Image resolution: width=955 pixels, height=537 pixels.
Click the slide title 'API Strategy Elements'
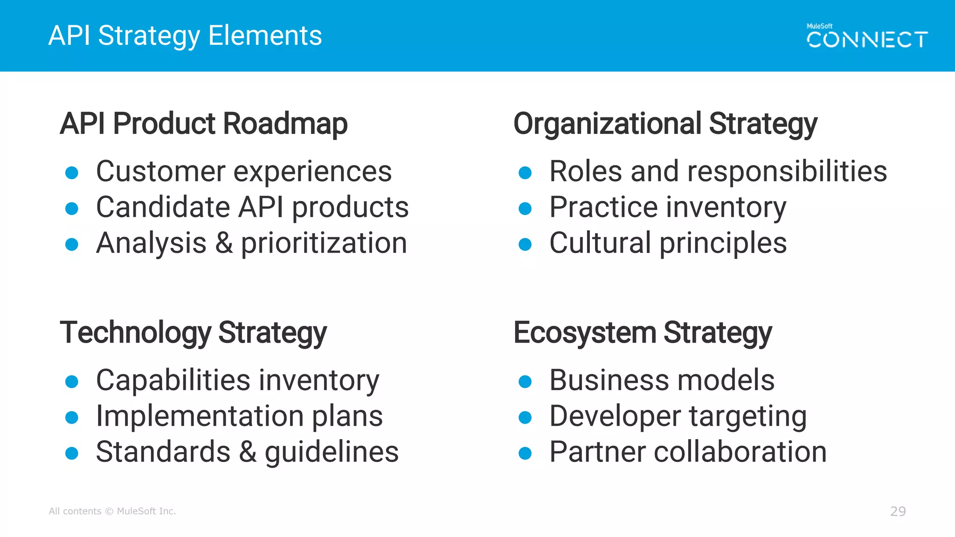[x=185, y=36]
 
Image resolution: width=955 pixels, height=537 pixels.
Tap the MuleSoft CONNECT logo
[x=867, y=36]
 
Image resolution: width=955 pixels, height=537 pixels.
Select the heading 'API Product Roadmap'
[x=204, y=124]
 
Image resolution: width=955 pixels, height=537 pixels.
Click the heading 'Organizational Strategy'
[x=665, y=124]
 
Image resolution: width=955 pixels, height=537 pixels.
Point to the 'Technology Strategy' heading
[x=193, y=332]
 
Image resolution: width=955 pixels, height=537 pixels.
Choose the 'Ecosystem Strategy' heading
[x=643, y=332]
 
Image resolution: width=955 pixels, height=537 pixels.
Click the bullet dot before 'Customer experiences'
[x=72, y=173]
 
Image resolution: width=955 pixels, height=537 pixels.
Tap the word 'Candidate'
[x=163, y=207]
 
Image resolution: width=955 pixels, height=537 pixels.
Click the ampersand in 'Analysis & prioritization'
[x=224, y=243]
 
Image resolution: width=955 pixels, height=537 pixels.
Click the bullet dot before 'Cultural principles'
[x=525, y=244]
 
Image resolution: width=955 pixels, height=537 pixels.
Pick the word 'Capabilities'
[x=173, y=380]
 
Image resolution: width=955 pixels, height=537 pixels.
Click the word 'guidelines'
[x=332, y=452]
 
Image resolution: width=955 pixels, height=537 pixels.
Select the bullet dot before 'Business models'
[x=525, y=382]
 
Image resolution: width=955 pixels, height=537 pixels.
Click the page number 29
[x=898, y=511]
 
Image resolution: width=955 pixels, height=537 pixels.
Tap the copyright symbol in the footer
[x=109, y=511]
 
